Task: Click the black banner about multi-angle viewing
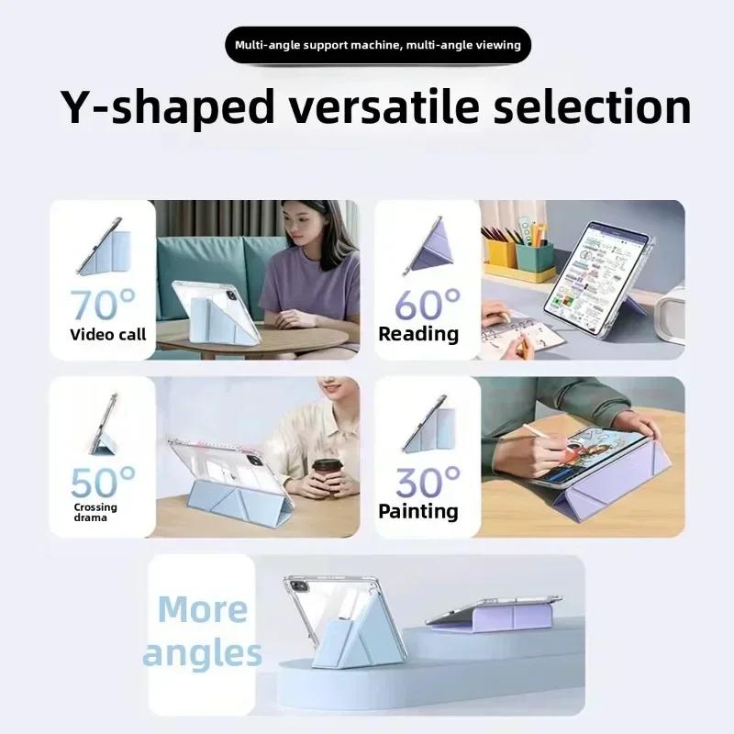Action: click(x=377, y=45)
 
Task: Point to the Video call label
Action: click(x=108, y=334)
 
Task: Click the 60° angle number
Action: click(x=428, y=304)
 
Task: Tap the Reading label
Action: click(x=418, y=334)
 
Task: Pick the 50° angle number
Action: click(x=102, y=481)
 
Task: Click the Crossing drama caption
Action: click(x=95, y=512)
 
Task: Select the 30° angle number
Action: click(x=428, y=481)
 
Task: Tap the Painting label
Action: click(x=418, y=511)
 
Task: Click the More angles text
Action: click(x=202, y=631)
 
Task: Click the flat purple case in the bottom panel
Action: click(x=495, y=617)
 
